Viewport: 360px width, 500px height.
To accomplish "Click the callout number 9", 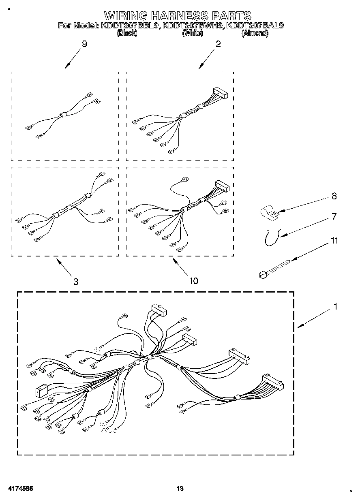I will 84,44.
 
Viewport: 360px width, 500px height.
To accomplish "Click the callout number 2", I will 219,44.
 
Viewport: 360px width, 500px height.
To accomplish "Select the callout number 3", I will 76,282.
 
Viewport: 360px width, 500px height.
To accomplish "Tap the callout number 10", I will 194,281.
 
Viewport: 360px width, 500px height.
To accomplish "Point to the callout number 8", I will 334,196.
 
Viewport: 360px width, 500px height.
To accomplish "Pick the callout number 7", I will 334,217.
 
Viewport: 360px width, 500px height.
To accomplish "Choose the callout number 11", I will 334,241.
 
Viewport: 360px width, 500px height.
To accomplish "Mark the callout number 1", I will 335,307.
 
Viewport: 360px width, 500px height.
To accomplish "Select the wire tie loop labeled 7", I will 271,237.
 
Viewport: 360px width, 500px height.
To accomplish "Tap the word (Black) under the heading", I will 127,34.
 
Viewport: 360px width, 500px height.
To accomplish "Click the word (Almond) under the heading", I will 255,34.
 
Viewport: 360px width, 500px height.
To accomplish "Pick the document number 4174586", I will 19,489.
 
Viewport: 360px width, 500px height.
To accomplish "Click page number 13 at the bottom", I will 180,489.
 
